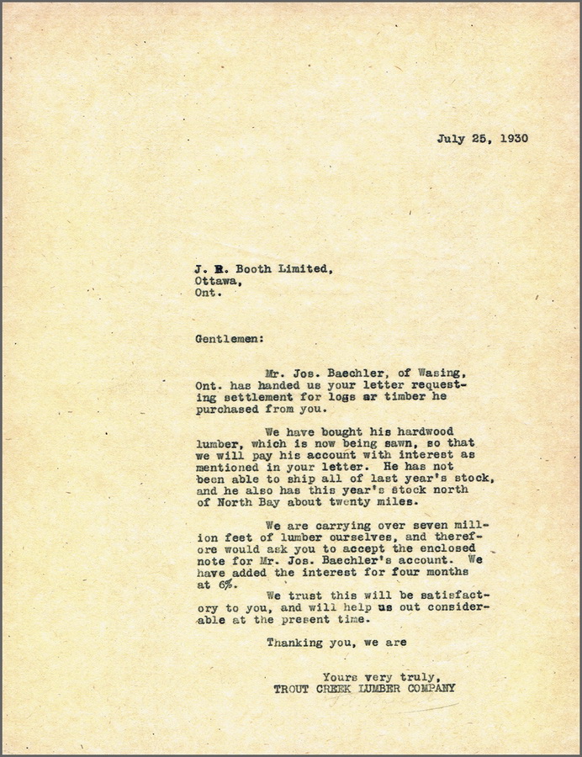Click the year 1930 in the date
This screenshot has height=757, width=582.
(512, 139)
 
